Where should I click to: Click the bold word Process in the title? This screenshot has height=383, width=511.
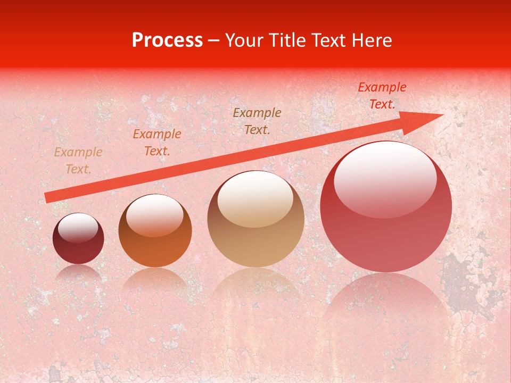167,40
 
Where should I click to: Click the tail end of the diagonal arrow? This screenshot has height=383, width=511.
47,198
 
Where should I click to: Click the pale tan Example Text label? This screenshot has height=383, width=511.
78,161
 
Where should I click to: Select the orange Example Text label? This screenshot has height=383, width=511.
156,143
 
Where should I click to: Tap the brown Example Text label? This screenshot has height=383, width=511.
257,121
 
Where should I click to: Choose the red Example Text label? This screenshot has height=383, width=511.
382,96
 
